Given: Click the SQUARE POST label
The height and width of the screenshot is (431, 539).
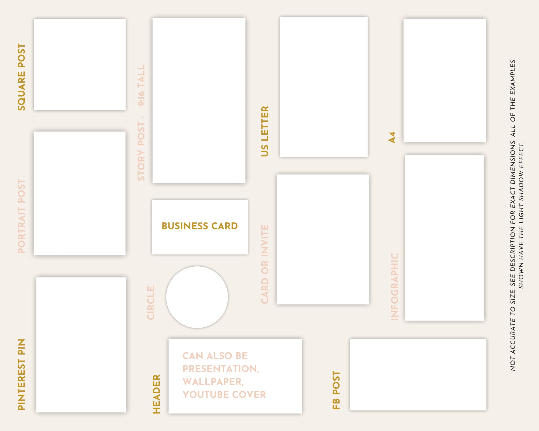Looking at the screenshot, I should [22, 77].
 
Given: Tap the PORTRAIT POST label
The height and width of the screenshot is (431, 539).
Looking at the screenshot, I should [22, 216].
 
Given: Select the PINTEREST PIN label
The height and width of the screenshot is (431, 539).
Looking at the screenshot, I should [22, 374].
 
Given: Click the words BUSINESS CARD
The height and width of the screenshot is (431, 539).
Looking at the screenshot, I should [200, 226].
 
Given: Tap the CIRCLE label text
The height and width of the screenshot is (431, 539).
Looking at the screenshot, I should [151, 303].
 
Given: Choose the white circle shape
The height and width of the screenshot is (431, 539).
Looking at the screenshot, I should [197, 297].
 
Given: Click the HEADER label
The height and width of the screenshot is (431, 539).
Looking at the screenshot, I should [157, 394].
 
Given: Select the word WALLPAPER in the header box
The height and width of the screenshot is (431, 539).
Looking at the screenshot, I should [213, 382].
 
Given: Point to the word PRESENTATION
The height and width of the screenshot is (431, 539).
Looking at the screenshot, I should [220, 369].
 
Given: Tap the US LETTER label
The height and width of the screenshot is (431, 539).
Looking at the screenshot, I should [265, 131].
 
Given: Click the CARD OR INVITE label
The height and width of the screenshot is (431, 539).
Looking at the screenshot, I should [265, 264].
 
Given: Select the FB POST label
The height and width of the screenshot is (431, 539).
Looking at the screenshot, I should [336, 390].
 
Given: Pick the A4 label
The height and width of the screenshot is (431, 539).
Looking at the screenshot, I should [392, 137].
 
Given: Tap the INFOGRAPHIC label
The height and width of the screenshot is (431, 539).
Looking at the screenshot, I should [395, 287].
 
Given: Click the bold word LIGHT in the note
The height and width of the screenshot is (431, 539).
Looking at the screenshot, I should [521, 214].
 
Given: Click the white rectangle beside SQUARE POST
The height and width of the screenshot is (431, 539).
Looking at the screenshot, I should [80, 64].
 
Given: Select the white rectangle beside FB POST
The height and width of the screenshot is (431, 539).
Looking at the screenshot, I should [418, 375].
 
